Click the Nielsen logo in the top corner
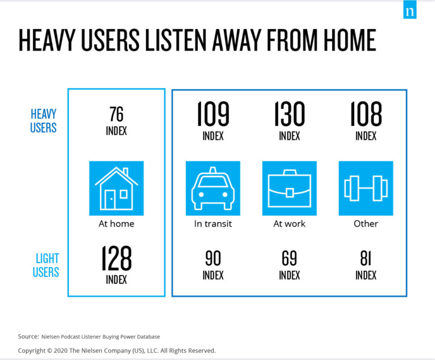(410, 12)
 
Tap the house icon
(116, 189)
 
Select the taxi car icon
(212, 189)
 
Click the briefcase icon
(290, 189)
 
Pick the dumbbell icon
(366, 189)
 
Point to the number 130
(290, 115)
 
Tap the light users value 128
(116, 259)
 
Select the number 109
(212, 115)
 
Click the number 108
(366, 115)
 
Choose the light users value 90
(213, 258)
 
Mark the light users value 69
(290, 258)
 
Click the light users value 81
(366, 258)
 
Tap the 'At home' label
(116, 223)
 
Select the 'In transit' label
(212, 223)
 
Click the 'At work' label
(290, 223)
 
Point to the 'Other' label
(366, 223)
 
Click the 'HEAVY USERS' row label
(44, 121)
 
